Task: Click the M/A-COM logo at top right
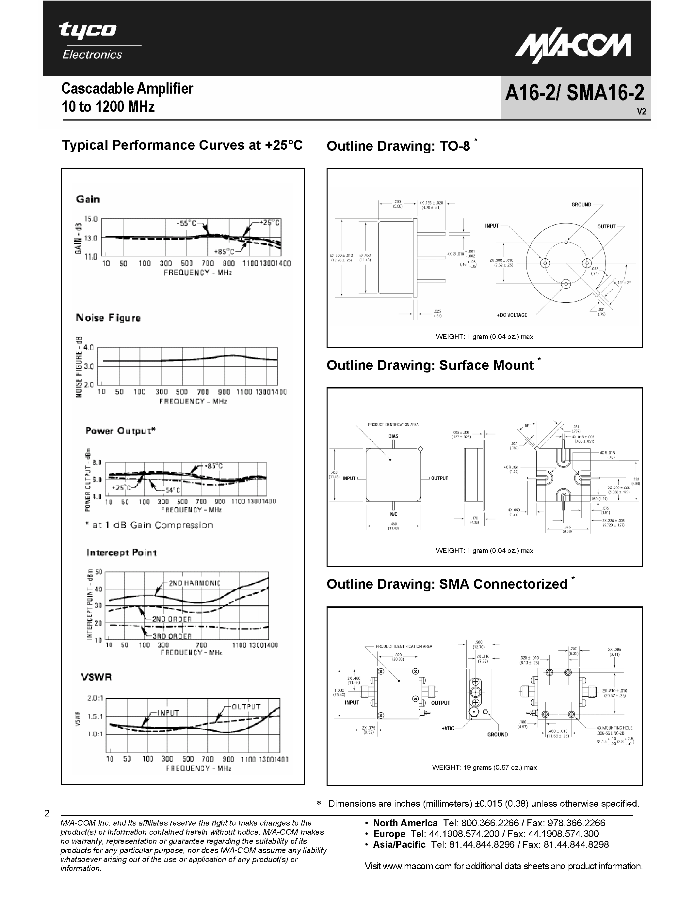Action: pyautogui.click(x=573, y=48)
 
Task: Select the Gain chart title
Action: pyautogui.click(x=88, y=199)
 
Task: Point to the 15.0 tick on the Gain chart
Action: pyautogui.click(x=91, y=219)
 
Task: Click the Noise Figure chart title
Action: pyautogui.click(x=108, y=318)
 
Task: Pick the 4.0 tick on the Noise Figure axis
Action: pyautogui.click(x=89, y=347)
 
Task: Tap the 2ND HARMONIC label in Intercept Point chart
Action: pyautogui.click(x=194, y=583)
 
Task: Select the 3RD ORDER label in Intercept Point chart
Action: pyautogui.click(x=172, y=636)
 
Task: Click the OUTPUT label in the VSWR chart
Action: pyautogui.click(x=246, y=707)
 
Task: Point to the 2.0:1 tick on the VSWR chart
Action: pyautogui.click(x=95, y=698)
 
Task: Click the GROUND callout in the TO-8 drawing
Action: pyautogui.click(x=581, y=205)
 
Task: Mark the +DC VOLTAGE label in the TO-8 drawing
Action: pyautogui.click(x=511, y=315)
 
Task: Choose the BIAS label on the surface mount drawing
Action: pyautogui.click(x=393, y=436)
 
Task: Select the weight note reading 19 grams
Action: pyautogui.click(x=484, y=767)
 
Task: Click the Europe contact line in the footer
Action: pyautogui.click(x=486, y=834)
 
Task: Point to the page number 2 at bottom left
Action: pyautogui.click(x=47, y=813)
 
